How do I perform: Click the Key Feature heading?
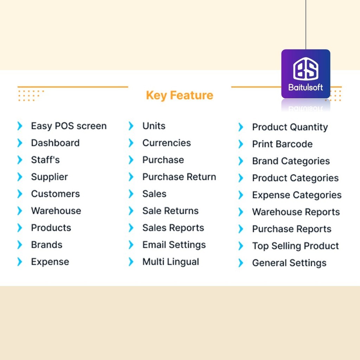click(x=180, y=95)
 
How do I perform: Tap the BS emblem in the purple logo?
click(x=306, y=69)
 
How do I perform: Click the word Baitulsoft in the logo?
click(x=306, y=87)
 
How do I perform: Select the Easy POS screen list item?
click(x=69, y=126)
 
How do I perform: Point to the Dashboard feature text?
click(x=55, y=143)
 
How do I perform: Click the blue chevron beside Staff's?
click(x=20, y=160)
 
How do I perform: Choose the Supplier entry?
click(x=49, y=177)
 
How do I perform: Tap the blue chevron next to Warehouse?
click(x=20, y=211)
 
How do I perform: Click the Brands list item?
click(x=47, y=245)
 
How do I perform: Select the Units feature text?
click(x=154, y=126)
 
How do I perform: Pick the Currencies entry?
click(x=167, y=143)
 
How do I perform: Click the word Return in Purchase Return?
click(x=201, y=177)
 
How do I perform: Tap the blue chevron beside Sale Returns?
click(x=131, y=211)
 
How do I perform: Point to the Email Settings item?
click(x=174, y=245)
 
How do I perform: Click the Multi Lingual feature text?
click(x=171, y=262)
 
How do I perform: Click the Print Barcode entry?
click(x=282, y=144)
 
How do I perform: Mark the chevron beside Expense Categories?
click(x=241, y=195)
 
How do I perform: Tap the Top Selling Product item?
click(x=295, y=246)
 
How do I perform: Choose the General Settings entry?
click(x=289, y=263)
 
